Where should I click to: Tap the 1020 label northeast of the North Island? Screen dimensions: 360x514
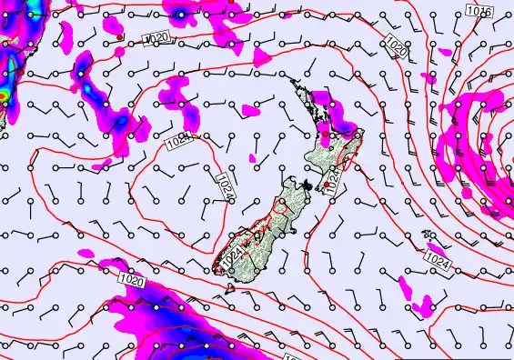(x=395, y=48)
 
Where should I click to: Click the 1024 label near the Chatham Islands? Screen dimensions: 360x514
(x=438, y=261)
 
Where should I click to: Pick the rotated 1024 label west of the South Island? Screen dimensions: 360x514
(x=224, y=188)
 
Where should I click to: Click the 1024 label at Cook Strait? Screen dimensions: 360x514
(x=333, y=181)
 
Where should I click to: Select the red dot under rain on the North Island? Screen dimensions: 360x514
(x=326, y=135)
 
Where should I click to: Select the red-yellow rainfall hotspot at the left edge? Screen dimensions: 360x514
(x=3, y=95)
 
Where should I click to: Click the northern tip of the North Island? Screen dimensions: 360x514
(x=292, y=86)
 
